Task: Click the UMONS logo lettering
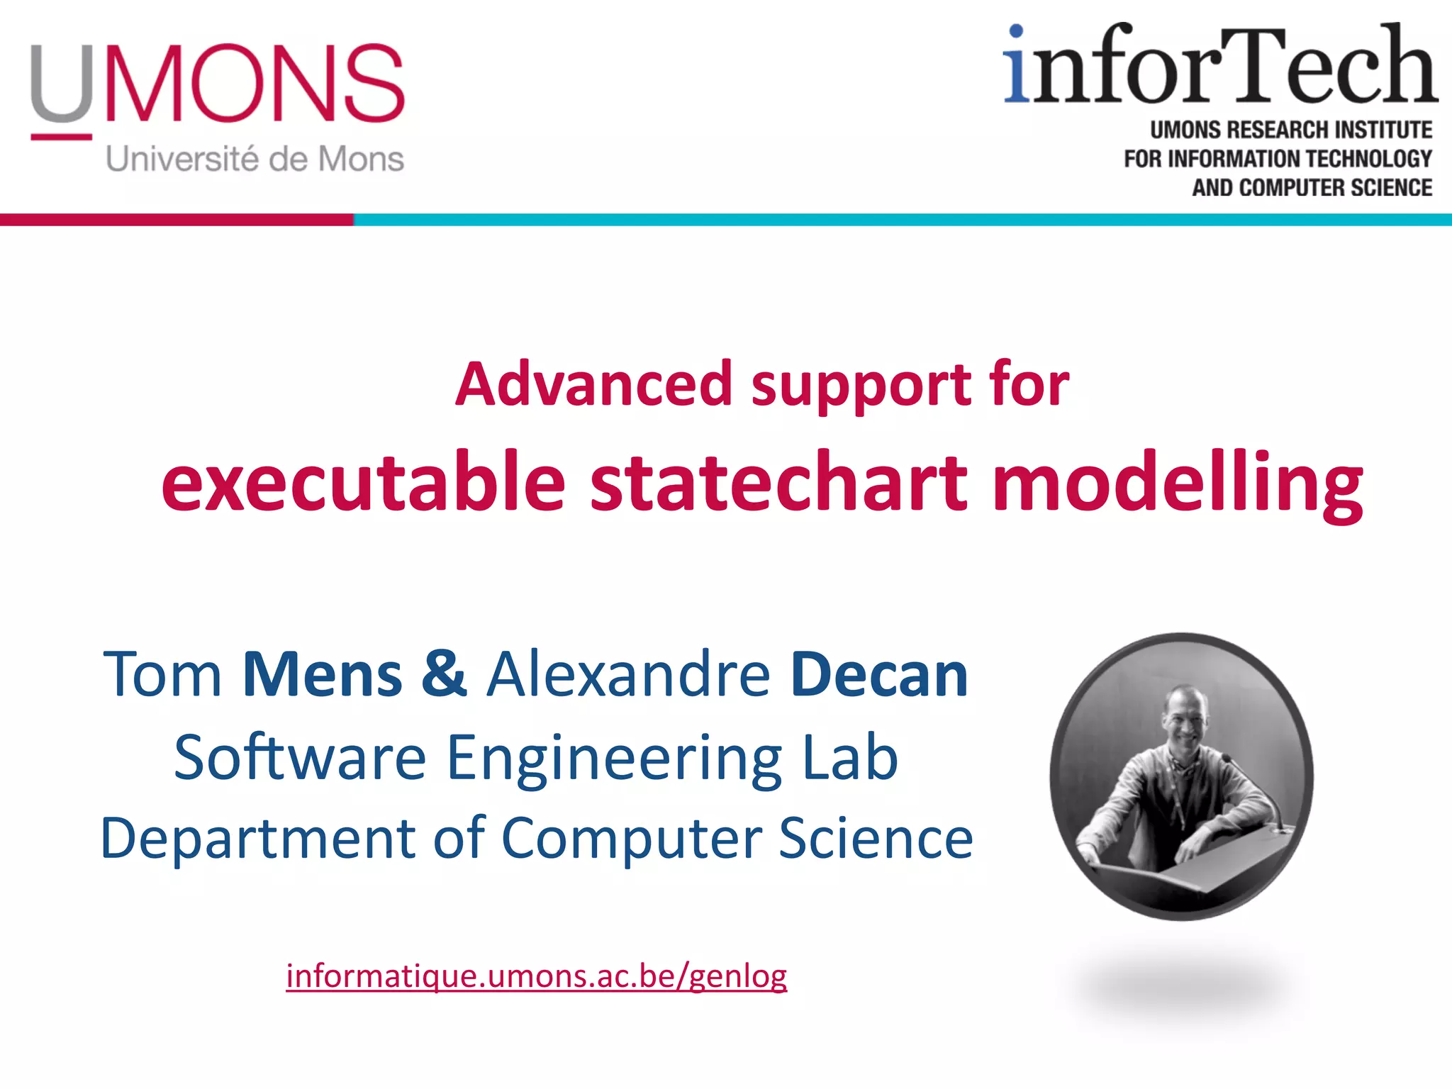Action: click(217, 83)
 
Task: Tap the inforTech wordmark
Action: click(1219, 67)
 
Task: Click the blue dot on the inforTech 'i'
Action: click(1016, 31)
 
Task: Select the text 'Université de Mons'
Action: click(255, 159)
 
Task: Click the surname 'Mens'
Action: click(323, 674)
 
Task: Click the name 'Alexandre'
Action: click(628, 674)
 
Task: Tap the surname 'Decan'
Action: click(879, 674)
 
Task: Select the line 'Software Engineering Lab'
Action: click(536, 758)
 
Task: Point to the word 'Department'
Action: click(257, 838)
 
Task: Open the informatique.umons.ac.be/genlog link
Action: click(536, 977)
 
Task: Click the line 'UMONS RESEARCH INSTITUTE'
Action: click(1290, 130)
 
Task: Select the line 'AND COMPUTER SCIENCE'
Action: click(1312, 188)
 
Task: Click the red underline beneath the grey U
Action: click(61, 136)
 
